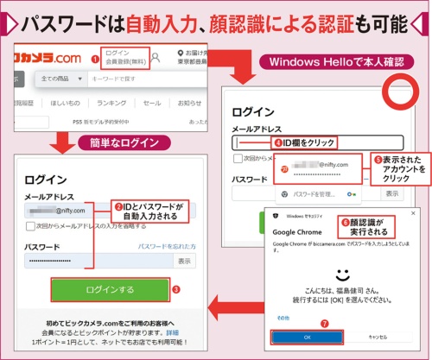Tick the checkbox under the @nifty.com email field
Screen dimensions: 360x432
pos(30,226)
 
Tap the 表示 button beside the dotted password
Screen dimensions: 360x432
pos(184,260)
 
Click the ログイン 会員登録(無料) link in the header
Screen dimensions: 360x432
pos(122,58)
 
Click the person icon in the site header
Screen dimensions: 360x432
pos(156,59)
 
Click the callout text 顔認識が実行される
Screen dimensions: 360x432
pos(364,228)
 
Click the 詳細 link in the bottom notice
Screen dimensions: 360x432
pos(172,332)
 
